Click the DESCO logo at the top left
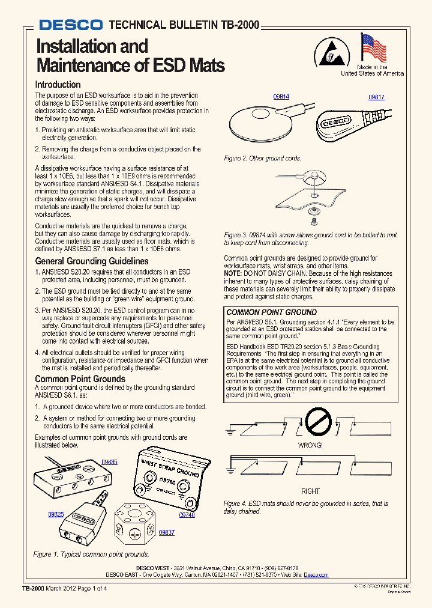71,25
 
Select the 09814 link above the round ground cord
281,96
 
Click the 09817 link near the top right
376,96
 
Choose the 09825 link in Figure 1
56,514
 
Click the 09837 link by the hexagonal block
166,533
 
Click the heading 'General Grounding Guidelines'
92,261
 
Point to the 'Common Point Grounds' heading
80,379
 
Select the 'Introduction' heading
58,85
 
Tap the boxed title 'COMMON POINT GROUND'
271,312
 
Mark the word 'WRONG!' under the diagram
310,445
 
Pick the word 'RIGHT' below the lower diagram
310,491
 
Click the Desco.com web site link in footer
316,575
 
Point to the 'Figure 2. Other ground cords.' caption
262,159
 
